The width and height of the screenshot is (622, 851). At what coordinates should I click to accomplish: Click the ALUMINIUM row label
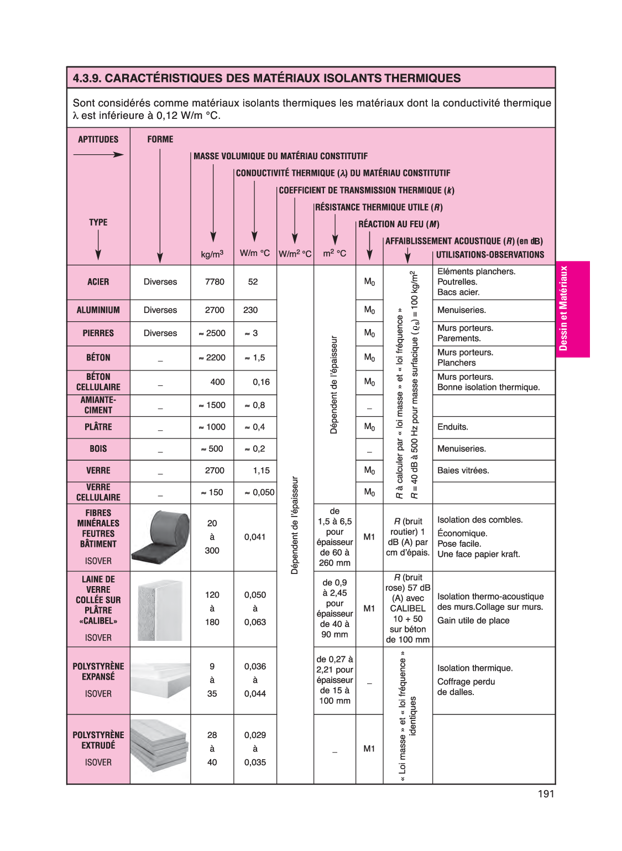click(x=98, y=310)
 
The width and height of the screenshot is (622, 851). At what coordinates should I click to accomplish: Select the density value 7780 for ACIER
click(x=215, y=282)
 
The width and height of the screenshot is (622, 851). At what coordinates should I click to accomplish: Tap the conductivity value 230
click(x=250, y=310)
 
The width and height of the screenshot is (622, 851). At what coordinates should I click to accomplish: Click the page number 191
click(x=546, y=794)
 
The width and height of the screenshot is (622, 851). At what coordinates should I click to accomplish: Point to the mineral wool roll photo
click(x=160, y=537)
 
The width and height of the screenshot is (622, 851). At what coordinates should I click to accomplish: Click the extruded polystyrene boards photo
click(x=160, y=748)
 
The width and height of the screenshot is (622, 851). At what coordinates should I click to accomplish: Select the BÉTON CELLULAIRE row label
click(x=98, y=382)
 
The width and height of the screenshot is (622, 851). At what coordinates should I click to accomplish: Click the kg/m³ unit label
click(x=212, y=254)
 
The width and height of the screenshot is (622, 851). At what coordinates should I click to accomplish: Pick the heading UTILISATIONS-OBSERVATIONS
click(x=490, y=255)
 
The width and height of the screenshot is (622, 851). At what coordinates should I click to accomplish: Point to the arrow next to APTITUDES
click(x=98, y=155)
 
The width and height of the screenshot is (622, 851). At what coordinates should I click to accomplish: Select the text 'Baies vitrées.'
click(x=463, y=471)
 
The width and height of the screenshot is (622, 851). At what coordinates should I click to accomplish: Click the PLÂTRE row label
click(x=98, y=427)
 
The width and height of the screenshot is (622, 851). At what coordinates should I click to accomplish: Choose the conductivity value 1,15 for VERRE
click(x=261, y=471)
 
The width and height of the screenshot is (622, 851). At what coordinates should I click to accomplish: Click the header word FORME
click(x=160, y=139)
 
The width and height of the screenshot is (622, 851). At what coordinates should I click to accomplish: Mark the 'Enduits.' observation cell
click(x=453, y=427)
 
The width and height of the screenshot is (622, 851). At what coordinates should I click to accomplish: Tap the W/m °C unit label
click(x=255, y=253)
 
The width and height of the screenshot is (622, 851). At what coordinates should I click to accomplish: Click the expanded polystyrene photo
click(x=160, y=680)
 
